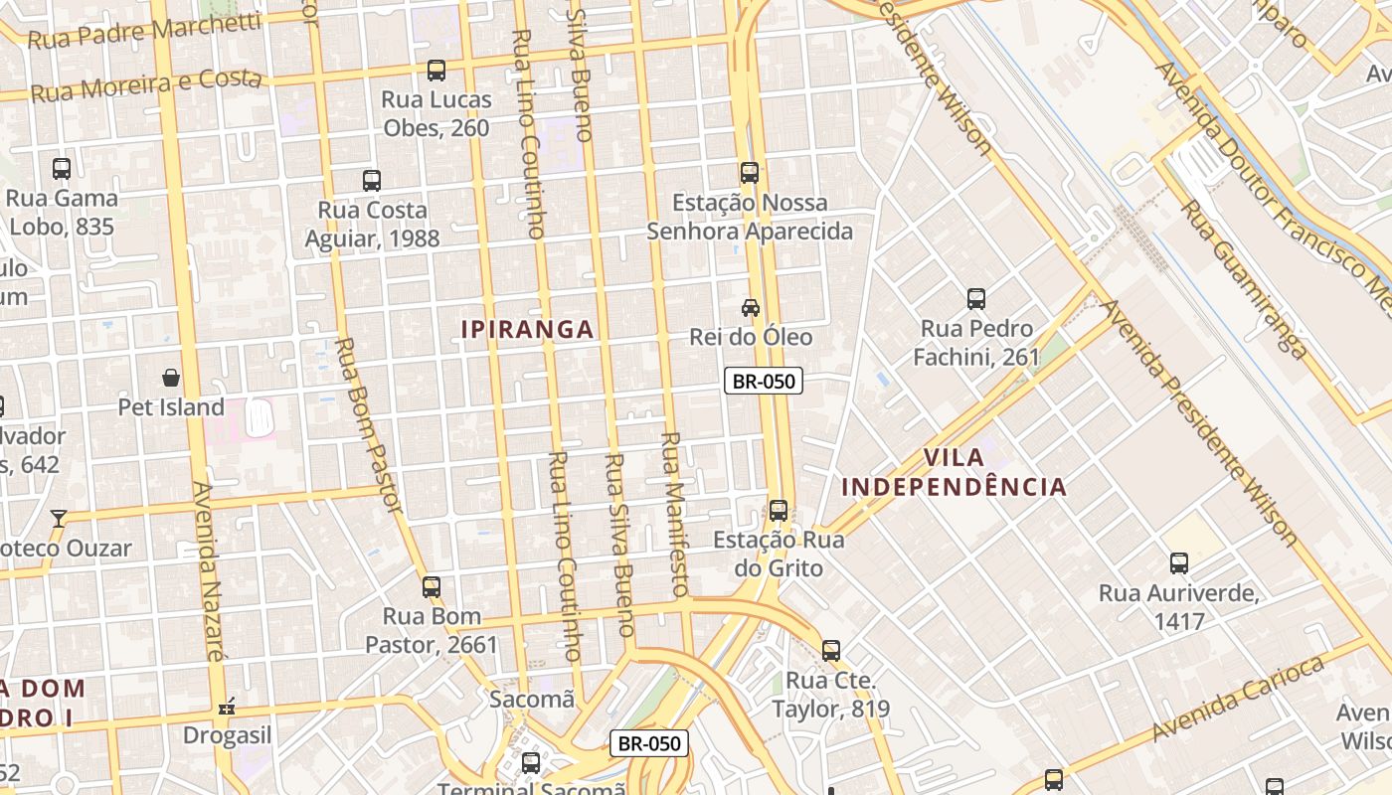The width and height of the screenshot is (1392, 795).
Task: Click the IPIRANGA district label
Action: (x=528, y=329)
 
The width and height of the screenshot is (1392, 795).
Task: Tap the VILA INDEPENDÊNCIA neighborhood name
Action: (x=954, y=472)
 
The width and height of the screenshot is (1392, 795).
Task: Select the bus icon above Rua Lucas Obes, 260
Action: (x=436, y=71)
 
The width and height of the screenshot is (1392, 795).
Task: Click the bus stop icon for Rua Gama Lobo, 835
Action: (x=62, y=169)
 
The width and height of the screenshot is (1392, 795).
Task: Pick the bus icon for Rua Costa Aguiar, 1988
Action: (x=372, y=181)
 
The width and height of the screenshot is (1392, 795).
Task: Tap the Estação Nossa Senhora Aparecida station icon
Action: (x=750, y=173)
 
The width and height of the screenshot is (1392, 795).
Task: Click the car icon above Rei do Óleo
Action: (x=751, y=308)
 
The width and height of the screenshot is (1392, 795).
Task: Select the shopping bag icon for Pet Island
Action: (x=171, y=378)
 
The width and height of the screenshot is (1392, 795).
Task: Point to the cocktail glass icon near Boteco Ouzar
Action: (x=59, y=518)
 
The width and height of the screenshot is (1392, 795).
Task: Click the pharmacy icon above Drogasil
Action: (x=227, y=707)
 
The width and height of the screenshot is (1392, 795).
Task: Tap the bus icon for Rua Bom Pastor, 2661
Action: (x=431, y=587)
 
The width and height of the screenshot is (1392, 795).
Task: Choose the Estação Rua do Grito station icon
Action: (x=779, y=511)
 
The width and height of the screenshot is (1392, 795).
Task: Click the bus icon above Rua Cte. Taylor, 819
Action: (x=831, y=652)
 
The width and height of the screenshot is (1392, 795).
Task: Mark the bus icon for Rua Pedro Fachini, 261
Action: (x=976, y=299)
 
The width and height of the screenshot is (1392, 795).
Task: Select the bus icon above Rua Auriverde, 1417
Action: (x=1179, y=563)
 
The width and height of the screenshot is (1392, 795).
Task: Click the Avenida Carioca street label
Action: (x=1239, y=699)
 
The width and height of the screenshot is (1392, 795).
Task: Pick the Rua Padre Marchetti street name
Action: (x=144, y=32)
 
